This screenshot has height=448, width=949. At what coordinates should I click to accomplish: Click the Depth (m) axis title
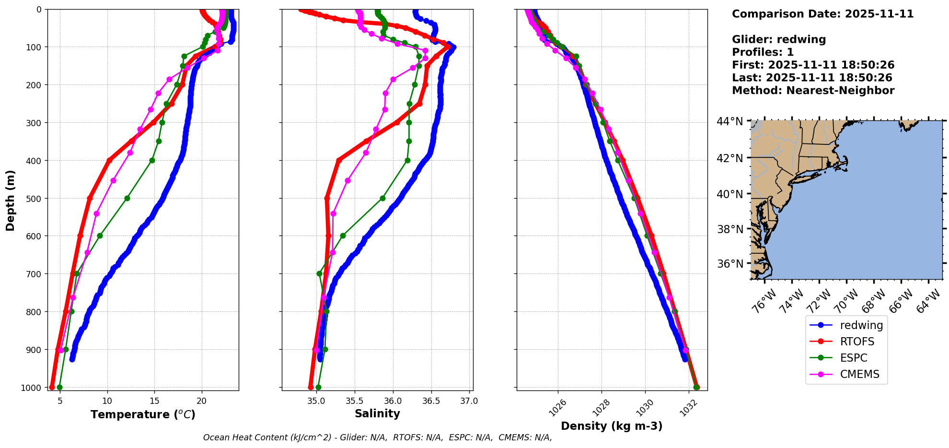point(11,200)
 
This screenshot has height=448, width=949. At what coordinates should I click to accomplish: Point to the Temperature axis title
point(143,414)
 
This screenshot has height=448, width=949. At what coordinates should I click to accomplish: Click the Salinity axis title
point(377,413)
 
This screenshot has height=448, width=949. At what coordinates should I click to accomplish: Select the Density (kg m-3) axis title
point(612,426)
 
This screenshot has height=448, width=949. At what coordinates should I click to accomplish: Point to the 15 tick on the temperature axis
point(154,401)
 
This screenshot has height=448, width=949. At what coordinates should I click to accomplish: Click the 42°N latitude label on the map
point(730,158)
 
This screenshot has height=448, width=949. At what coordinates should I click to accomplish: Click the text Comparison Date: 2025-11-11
point(822,14)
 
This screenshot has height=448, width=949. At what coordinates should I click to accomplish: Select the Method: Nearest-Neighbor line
point(813,91)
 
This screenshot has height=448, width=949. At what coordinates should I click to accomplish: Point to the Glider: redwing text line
point(779,39)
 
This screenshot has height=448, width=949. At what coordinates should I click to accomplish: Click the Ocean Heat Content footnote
point(377,437)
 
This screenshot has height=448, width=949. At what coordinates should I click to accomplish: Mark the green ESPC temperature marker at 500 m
point(127,198)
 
